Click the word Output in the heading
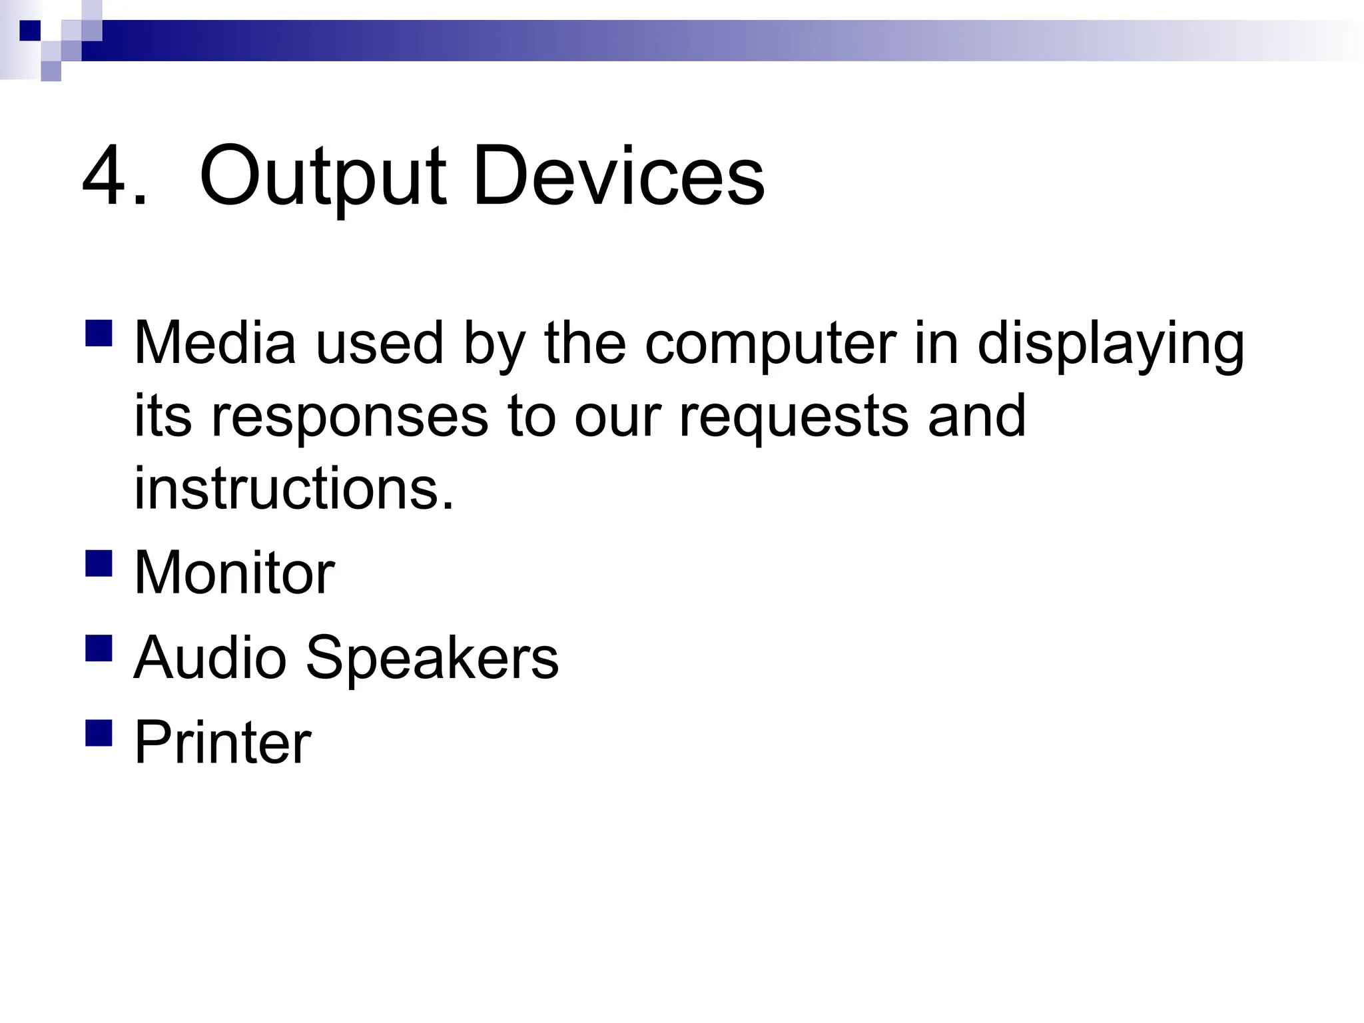pyautogui.click(x=322, y=177)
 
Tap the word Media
pyautogui.click(x=215, y=342)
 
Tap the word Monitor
pyautogui.click(x=234, y=573)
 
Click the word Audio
pyautogui.click(x=210, y=657)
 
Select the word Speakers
pyautogui.click(x=432, y=657)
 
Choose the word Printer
pyautogui.click(x=222, y=742)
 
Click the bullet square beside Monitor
pyautogui.click(x=99, y=562)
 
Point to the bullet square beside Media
pyautogui.click(x=99, y=332)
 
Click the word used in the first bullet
pyautogui.click(x=379, y=344)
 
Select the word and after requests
pyautogui.click(x=976, y=416)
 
